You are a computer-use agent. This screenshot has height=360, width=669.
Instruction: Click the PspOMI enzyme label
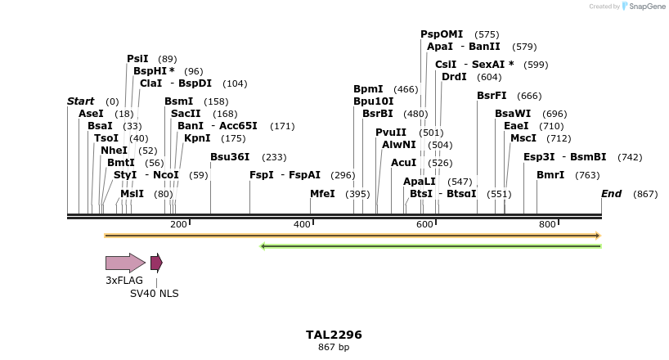(x=442, y=34)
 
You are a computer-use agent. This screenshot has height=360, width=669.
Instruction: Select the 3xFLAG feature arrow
(x=125, y=263)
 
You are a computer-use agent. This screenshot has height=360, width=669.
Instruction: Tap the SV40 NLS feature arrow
(x=156, y=263)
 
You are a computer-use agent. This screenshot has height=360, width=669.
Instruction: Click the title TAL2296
(x=334, y=335)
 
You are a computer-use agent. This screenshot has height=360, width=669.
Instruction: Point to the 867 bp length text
(x=334, y=348)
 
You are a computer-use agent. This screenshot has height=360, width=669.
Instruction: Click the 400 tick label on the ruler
(x=301, y=224)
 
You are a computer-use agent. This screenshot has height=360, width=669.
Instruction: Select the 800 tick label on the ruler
(x=546, y=224)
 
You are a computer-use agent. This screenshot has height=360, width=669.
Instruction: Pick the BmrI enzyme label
(x=550, y=175)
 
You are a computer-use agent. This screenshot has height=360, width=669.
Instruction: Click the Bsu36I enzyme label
(x=230, y=157)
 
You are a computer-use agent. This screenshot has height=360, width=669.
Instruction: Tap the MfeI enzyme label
(x=322, y=194)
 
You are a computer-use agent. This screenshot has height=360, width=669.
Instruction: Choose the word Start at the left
(x=80, y=101)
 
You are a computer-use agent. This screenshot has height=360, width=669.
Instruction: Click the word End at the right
(x=611, y=194)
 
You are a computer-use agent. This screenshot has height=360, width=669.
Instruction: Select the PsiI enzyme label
(x=137, y=59)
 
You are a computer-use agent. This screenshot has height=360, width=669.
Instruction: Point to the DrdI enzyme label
(x=454, y=77)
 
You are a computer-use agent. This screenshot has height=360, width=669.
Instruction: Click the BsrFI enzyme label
(x=492, y=96)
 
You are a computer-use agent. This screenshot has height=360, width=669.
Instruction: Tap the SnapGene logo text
(x=645, y=7)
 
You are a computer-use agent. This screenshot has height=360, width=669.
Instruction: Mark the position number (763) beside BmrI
(x=587, y=175)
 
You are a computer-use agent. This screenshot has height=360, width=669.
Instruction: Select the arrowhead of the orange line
(x=598, y=236)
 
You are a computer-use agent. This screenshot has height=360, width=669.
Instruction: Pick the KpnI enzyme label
(x=197, y=138)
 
